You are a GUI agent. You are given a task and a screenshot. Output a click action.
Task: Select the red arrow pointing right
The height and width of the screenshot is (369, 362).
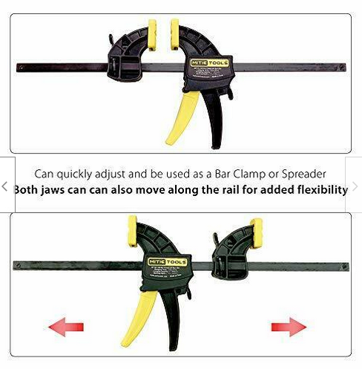pyautogui.click(x=289, y=326)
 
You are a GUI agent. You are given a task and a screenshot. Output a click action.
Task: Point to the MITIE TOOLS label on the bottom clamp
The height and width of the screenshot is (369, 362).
pyautogui.click(x=171, y=262)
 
